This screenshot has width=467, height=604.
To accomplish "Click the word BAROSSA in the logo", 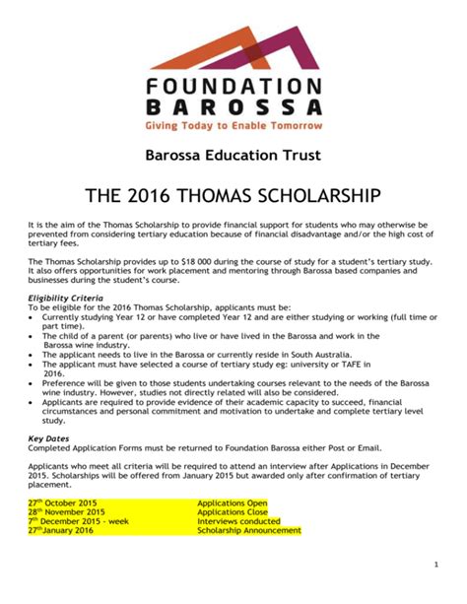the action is coord(233,104).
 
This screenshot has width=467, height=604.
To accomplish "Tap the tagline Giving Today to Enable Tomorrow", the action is coord(233,126).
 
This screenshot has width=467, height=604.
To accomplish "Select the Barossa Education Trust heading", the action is coord(233,156).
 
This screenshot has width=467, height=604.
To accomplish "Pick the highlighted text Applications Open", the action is coord(233,502).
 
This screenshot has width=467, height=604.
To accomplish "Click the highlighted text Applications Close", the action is coord(233,511).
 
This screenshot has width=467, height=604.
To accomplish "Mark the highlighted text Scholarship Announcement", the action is coord(248,531).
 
